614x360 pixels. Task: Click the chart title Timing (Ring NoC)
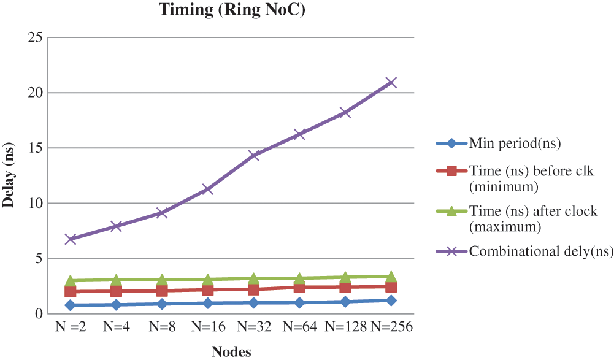point(232,10)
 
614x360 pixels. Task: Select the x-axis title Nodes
point(231,351)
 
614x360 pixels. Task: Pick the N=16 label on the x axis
point(208,326)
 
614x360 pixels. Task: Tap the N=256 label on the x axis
point(391,326)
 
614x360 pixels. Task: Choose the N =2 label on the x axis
point(71,326)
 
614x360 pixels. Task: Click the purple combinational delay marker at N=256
point(391,82)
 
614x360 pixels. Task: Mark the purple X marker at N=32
point(253,155)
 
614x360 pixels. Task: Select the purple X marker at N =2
point(71,239)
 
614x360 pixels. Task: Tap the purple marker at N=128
point(345,113)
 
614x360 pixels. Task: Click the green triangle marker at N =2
point(71,280)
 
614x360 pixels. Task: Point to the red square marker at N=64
point(299,287)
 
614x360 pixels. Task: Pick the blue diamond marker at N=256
point(391,301)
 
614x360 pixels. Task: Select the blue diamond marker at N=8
point(162,304)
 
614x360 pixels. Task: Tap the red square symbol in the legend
point(451,171)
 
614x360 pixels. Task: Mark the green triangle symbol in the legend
point(451,211)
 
